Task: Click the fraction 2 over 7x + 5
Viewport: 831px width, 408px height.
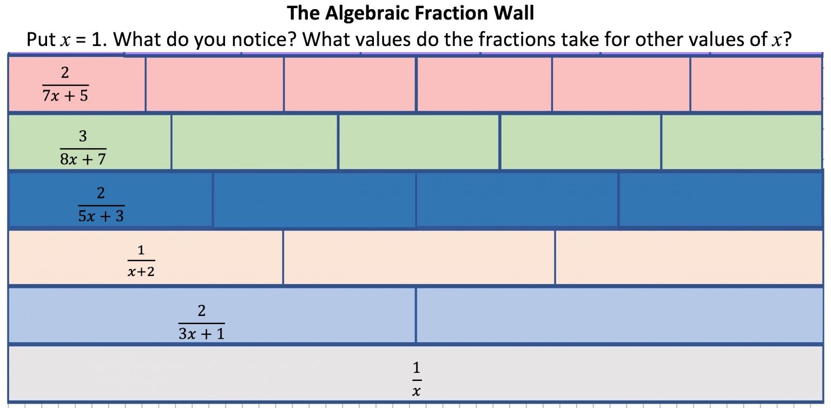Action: point(65,85)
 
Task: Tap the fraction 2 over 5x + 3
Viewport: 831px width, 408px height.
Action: point(101,205)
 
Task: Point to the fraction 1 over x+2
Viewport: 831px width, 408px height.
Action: point(141,261)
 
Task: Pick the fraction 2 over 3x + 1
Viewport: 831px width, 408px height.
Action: point(201,323)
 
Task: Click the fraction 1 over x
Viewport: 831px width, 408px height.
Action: point(416,379)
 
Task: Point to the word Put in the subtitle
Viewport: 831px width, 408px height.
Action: point(41,40)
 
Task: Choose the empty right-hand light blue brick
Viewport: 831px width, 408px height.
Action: point(619,315)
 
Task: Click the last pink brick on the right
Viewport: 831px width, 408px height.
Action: point(756,84)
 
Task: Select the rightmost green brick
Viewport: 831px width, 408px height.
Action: point(741,142)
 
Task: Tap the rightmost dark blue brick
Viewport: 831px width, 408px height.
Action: point(720,200)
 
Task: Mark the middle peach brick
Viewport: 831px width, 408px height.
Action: point(419,258)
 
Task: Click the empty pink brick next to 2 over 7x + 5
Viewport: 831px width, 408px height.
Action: point(214,84)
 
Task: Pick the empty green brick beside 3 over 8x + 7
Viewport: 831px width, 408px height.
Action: point(254,142)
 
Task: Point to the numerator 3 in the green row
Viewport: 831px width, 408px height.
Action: point(83,137)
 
